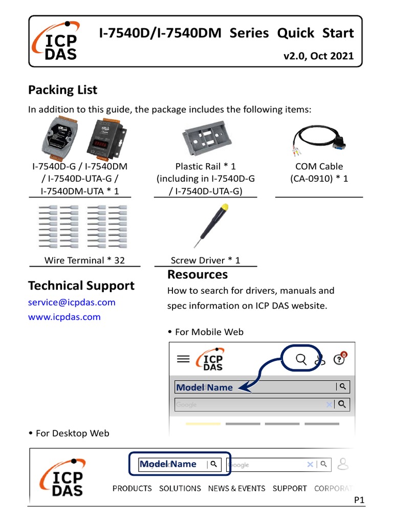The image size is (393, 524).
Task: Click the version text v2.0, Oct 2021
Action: pyautogui.click(x=318, y=56)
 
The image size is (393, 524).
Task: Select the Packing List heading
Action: pyautogui.click(x=62, y=90)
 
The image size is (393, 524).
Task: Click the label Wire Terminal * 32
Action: pyautogui.click(x=84, y=260)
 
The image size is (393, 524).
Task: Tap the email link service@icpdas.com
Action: pyautogui.click(x=72, y=302)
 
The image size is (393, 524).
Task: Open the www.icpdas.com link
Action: pyautogui.click(x=64, y=317)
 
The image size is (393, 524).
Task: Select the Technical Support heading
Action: pyautogui.click(x=81, y=286)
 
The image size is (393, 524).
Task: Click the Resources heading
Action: pyautogui.click(x=198, y=275)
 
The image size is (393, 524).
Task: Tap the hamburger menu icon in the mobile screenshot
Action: pyautogui.click(x=183, y=359)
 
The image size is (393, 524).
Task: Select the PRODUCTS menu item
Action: pyautogui.click(x=132, y=488)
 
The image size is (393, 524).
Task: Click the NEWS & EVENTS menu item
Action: pyautogui.click(x=236, y=488)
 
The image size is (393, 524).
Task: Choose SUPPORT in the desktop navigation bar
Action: pyautogui.click(x=290, y=488)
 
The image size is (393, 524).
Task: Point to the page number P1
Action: pyautogui.click(x=359, y=500)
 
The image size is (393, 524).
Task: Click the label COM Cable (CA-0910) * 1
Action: pyautogui.click(x=319, y=172)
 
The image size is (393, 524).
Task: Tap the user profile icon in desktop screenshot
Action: pyautogui.click(x=343, y=464)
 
